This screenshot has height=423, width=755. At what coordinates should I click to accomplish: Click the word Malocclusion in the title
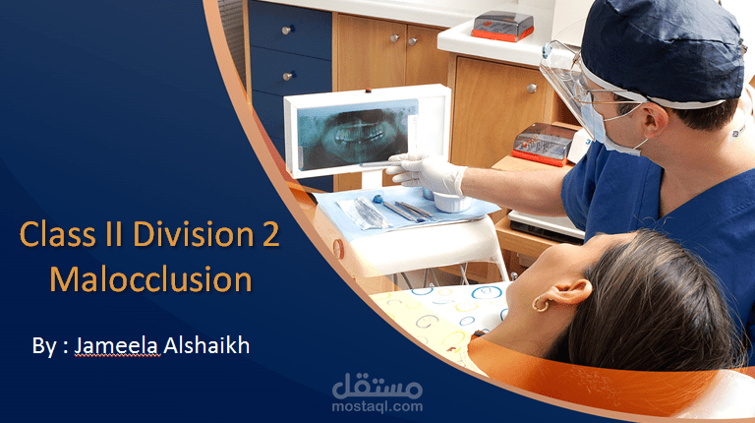point(150,279)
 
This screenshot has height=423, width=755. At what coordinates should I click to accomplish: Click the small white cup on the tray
point(448,202)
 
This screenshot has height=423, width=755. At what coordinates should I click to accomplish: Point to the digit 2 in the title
point(268,235)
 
